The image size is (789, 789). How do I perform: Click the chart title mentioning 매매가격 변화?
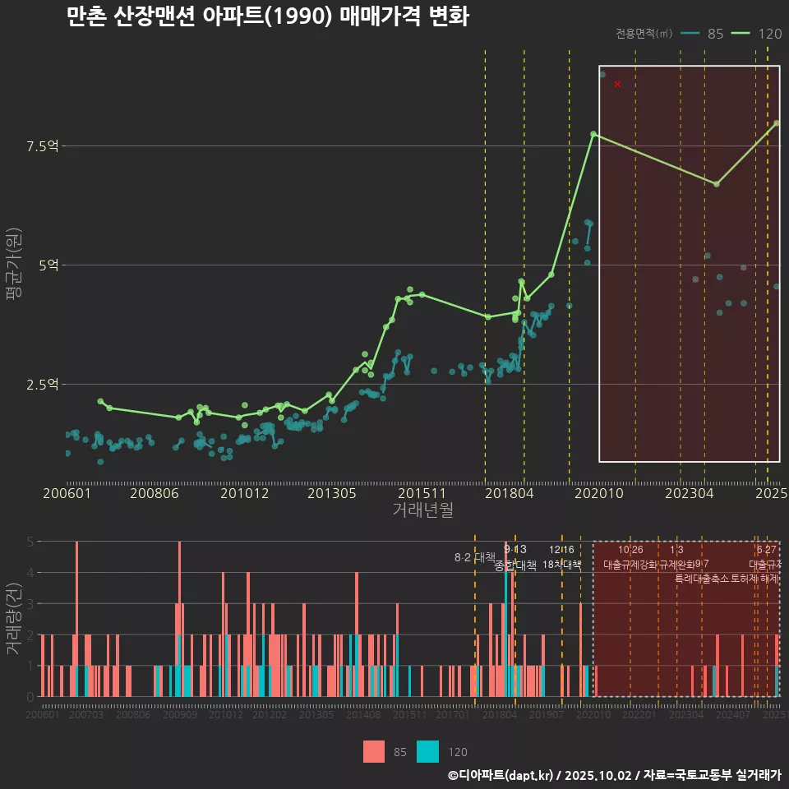click(x=268, y=16)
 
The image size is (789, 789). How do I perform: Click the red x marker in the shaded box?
click(x=617, y=84)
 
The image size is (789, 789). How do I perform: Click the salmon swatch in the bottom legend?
click(x=374, y=751)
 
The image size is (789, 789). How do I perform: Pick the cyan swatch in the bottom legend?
click(x=428, y=751)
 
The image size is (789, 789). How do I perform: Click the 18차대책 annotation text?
click(x=562, y=565)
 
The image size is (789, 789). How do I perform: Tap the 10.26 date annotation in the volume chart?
click(x=630, y=550)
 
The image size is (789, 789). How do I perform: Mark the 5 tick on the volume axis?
click(x=30, y=542)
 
